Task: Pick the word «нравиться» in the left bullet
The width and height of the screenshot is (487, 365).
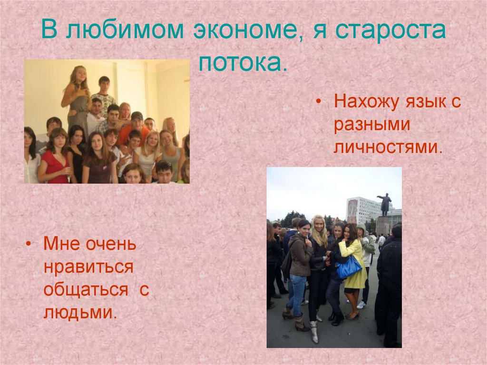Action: (x=88, y=267)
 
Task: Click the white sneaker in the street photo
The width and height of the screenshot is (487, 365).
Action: (x=362, y=305)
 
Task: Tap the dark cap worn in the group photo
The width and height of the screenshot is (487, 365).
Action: (x=137, y=116)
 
